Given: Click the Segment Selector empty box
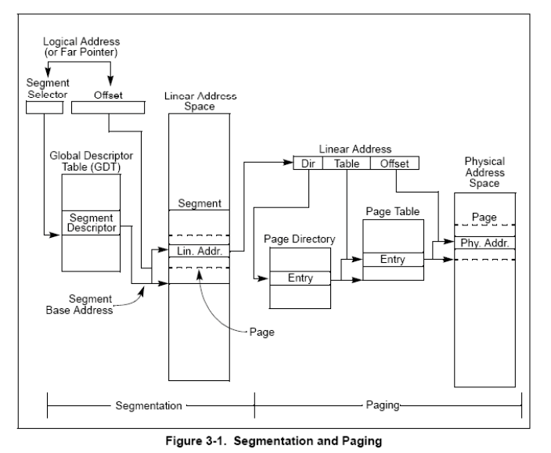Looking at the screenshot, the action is (45, 107).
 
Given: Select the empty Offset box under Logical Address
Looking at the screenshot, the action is (108, 107).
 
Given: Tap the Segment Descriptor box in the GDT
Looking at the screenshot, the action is (91, 223).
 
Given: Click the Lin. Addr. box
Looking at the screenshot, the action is (200, 251).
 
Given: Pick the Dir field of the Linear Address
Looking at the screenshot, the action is (308, 164).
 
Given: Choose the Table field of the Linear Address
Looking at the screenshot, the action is (347, 164).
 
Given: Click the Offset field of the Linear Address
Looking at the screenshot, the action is (394, 164).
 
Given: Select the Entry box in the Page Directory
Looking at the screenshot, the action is (300, 278).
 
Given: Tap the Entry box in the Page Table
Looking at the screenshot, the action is (393, 260).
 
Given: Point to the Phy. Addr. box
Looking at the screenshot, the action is (485, 243).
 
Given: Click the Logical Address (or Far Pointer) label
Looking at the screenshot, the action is (81, 47).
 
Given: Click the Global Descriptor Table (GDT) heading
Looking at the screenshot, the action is (92, 161).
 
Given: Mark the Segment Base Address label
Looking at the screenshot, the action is (79, 304).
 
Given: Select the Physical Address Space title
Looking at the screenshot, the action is (484, 172).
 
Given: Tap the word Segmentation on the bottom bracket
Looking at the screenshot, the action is (149, 405).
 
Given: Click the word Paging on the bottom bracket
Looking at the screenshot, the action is (383, 405).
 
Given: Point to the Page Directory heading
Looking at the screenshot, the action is (300, 239).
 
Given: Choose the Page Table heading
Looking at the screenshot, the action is (393, 211).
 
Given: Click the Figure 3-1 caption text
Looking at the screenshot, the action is (274, 440).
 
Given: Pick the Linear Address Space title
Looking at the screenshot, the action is (200, 101).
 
